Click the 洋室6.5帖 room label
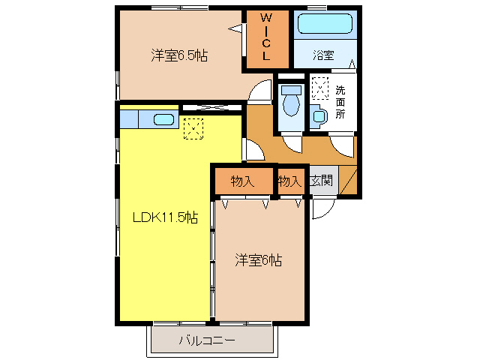(x=179, y=55)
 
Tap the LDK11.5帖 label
(x=165, y=217)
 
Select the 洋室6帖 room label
(x=259, y=260)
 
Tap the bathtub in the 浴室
(x=325, y=23)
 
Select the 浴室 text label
(x=324, y=55)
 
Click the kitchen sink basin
(x=163, y=118)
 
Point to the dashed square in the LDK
(x=193, y=129)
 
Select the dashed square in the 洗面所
(x=320, y=89)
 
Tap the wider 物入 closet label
(x=242, y=181)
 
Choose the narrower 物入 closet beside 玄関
(x=289, y=181)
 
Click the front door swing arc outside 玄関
(x=319, y=211)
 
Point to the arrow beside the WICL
(x=235, y=29)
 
